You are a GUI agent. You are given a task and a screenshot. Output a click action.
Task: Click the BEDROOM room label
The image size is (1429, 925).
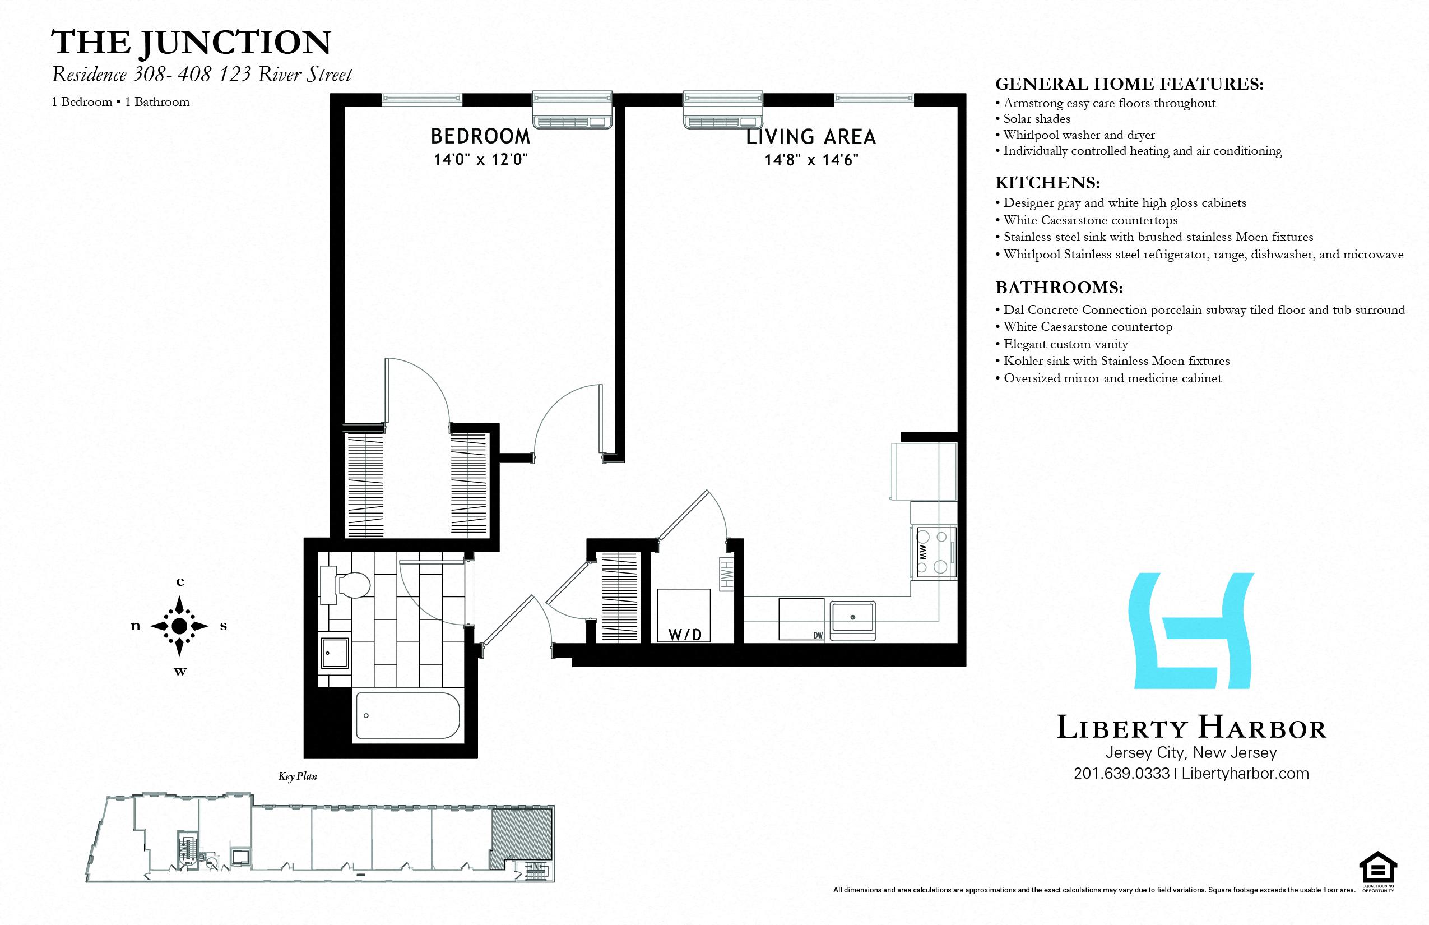[x=480, y=136]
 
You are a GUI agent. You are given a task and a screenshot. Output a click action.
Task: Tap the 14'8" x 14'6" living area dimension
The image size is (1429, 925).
[x=811, y=160]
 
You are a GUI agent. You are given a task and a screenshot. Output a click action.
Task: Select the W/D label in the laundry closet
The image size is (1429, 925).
[x=684, y=634]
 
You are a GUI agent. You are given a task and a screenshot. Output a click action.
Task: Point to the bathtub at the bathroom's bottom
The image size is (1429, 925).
[x=408, y=715]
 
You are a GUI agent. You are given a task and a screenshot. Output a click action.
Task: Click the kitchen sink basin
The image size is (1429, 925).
[x=852, y=617]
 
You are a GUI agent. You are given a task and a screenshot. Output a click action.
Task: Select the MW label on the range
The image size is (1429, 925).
[x=923, y=552]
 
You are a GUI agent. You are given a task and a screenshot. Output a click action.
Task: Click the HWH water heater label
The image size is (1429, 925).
[x=726, y=573]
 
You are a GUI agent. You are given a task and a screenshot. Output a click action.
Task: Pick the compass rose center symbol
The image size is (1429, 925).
[x=179, y=626]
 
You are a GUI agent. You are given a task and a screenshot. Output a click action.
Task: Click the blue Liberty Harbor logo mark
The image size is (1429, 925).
[x=1191, y=631]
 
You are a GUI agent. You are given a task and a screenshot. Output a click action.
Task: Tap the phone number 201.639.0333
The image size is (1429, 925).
[x=1121, y=774]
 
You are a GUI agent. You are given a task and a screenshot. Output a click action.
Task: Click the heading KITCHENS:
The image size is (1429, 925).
[x=1047, y=183]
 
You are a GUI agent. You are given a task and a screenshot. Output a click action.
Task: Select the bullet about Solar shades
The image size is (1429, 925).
[x=1036, y=119]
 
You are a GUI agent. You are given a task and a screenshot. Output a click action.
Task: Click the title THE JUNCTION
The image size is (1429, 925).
[x=191, y=43]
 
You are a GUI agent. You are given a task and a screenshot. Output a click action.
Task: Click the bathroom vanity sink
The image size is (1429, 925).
[x=335, y=653]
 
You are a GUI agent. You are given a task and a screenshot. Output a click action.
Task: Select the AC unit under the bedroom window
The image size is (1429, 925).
[x=572, y=110]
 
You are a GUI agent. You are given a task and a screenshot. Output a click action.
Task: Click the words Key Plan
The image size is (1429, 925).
[x=297, y=776]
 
